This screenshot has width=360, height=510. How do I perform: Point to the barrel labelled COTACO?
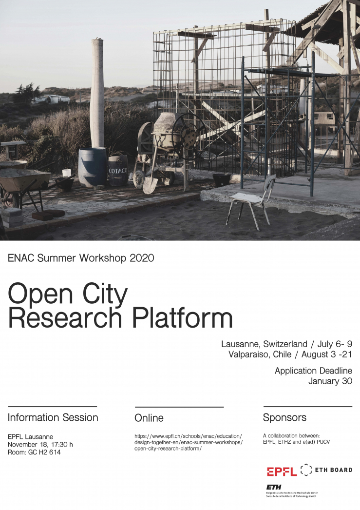click(x=118, y=171)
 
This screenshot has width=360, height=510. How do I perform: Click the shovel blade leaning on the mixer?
click(x=150, y=185)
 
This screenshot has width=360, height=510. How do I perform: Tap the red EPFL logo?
click(x=282, y=471)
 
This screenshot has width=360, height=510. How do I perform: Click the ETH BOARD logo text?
click(x=334, y=470)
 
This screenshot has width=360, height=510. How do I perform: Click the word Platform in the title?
click(x=182, y=318)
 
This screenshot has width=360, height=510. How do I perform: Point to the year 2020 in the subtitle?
click(x=142, y=258)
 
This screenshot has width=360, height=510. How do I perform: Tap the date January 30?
click(x=330, y=381)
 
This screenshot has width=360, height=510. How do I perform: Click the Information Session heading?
click(x=53, y=417)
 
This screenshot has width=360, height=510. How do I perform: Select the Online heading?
click(x=149, y=418)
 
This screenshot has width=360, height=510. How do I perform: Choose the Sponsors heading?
click(x=284, y=417)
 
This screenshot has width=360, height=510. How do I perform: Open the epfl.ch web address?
click(x=189, y=442)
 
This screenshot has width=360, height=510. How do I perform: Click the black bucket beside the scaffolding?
click(x=222, y=179)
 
